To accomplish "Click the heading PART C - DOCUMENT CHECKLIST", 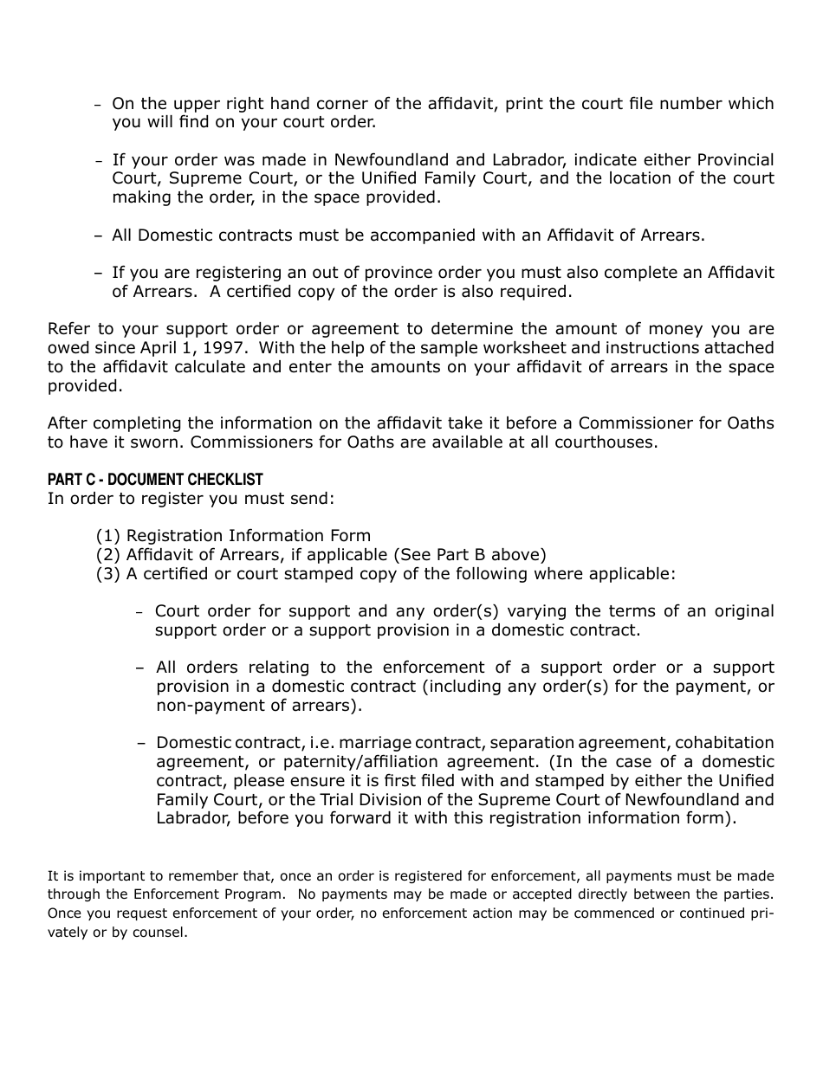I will [x=154, y=480].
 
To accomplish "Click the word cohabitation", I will [x=724, y=743].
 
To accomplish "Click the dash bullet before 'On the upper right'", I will [x=99, y=105].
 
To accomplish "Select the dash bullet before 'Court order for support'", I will [x=140, y=612].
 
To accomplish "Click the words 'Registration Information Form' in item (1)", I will [x=248, y=536].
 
